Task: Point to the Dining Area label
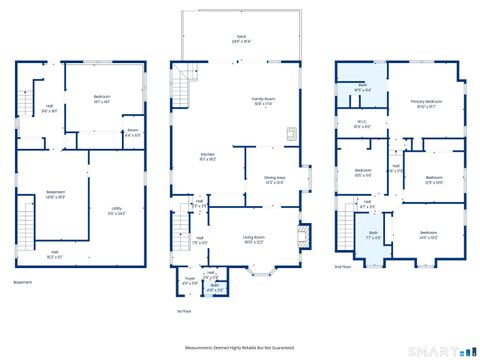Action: click(x=274, y=180)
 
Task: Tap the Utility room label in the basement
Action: click(x=117, y=210)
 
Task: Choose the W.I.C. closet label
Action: click(x=363, y=125)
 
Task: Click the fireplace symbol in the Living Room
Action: click(x=304, y=237)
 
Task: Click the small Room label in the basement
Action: click(x=132, y=131)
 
